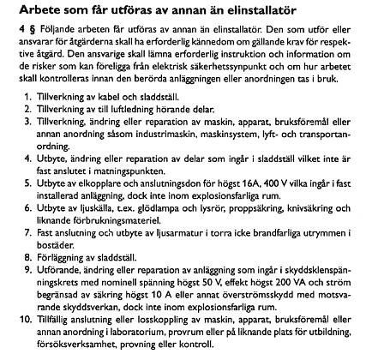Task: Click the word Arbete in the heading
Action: tap(30, 10)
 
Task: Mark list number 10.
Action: tap(29, 328)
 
